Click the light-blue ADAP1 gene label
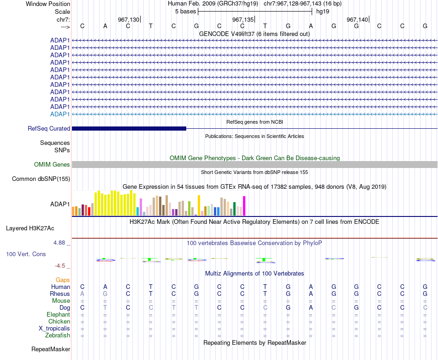coord(60,114)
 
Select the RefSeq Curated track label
coord(49,128)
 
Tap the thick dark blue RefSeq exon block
coord(129,128)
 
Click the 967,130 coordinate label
coord(129,19)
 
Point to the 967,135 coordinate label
coord(243,19)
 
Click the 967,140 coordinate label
coord(357,19)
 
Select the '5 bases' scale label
coord(185,12)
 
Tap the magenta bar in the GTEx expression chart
coord(244,206)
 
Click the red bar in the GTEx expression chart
coord(89,211)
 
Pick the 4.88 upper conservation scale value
coord(59,242)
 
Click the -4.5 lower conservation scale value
coord(60,266)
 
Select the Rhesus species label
coord(60,294)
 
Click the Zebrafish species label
coord(58,335)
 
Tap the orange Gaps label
coord(63,280)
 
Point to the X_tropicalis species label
coord(54,329)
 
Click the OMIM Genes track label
coord(52,164)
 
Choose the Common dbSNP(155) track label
coord(41,179)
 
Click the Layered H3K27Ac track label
coord(30,228)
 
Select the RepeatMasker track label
coord(51,349)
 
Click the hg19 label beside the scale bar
coord(323,12)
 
